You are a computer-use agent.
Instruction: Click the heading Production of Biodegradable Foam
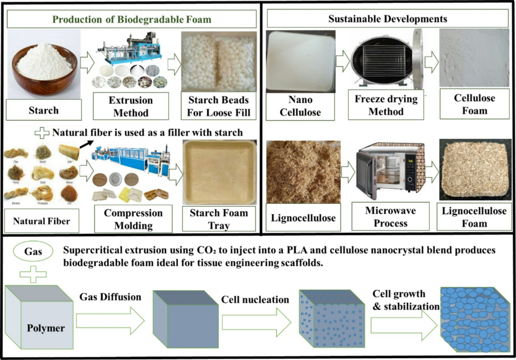(132, 19)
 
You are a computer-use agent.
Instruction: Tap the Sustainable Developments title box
(387, 19)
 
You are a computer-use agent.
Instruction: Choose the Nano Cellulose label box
(301, 105)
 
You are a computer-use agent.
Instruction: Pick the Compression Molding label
(133, 219)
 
